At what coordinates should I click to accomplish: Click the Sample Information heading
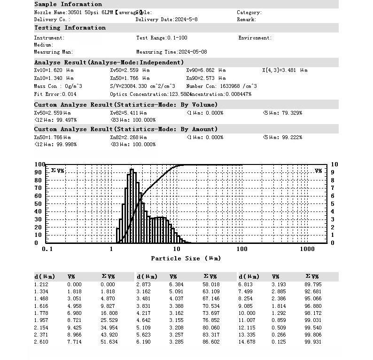coord(68,4)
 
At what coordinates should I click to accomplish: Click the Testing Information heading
coord(70,28)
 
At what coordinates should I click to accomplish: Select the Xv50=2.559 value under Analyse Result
coord(130,70)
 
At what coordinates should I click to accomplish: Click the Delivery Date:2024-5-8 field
coord(166,20)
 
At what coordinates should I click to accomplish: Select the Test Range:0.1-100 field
coord(162,38)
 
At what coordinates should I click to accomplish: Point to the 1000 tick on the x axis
coord(307,249)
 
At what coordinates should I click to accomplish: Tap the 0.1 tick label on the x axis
coord(47,249)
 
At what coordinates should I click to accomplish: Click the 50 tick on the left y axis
coord(39,203)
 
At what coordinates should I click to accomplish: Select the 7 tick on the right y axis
coord(333,188)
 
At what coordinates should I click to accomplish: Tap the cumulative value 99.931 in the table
coord(313,341)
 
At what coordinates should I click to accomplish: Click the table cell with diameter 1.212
coord(41,284)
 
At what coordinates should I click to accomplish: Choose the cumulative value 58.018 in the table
coord(211,284)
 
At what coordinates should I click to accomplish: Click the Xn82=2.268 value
coord(128,137)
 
